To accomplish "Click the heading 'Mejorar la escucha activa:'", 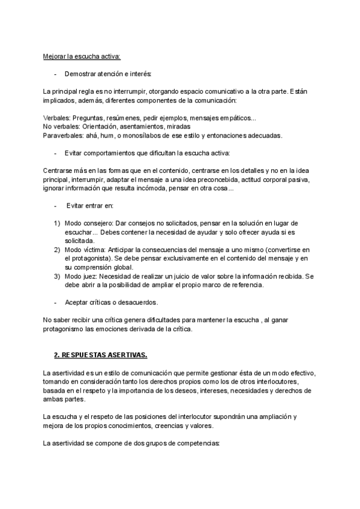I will tap(82, 56).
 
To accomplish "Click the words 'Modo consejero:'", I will tap(88, 223).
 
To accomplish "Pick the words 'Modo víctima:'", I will tap(85, 249).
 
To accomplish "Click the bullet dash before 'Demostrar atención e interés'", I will tap(55, 74).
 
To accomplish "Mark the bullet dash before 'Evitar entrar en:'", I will tap(55, 205).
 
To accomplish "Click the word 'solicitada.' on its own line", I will tap(80, 240).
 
